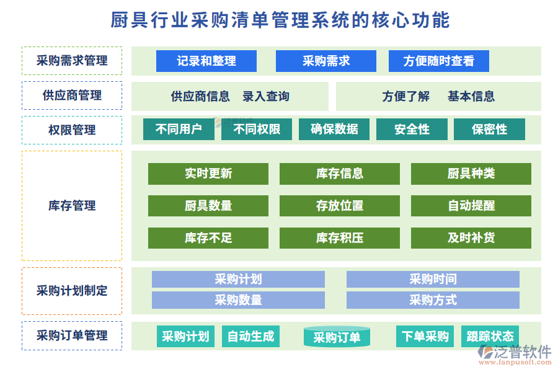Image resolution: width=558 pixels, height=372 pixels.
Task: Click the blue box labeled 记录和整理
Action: tap(206, 61)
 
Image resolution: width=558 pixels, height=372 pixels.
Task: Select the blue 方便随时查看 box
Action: tap(438, 61)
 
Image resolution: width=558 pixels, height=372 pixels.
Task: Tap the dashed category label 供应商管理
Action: tap(72, 95)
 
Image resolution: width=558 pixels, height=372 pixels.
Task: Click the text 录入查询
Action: tap(265, 96)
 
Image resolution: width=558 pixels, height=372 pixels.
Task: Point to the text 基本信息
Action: tap(471, 96)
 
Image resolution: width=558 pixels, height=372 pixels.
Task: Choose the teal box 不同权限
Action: tap(257, 129)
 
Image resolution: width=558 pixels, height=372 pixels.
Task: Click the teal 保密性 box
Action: tap(489, 129)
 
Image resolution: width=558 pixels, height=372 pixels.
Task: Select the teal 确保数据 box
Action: tap(334, 129)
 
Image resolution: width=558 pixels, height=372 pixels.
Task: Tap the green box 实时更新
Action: tap(208, 174)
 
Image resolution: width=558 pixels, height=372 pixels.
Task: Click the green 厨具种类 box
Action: tap(471, 174)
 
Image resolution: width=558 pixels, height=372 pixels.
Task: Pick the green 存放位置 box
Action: tap(339, 206)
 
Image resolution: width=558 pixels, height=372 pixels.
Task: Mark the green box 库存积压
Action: tap(339, 238)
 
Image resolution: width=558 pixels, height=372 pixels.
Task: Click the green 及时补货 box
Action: tap(471, 238)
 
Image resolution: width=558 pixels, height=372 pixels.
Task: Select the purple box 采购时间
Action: tap(432, 280)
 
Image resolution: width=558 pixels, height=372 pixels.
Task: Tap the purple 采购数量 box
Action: tap(238, 300)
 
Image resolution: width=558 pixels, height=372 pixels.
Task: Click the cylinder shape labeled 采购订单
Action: tap(337, 337)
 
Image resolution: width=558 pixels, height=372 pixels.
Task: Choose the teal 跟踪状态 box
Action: tap(490, 336)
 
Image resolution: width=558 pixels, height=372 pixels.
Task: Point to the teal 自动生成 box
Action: tap(250, 336)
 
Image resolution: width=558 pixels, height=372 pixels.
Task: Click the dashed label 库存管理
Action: tap(72, 206)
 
